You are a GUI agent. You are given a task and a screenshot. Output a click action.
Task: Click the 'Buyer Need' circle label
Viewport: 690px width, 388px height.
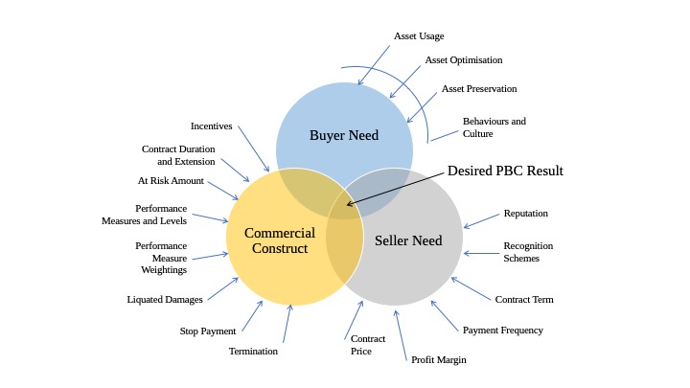pyautogui.click(x=344, y=135)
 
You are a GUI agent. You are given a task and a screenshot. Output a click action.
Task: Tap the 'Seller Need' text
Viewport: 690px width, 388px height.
pyautogui.click(x=408, y=240)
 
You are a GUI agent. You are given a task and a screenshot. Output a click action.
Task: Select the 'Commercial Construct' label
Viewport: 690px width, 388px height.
pyautogui.click(x=280, y=240)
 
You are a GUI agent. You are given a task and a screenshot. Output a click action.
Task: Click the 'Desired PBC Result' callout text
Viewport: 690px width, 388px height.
pyautogui.click(x=505, y=171)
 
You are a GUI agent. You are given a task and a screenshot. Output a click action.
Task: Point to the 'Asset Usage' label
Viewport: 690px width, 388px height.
pyautogui.click(x=419, y=36)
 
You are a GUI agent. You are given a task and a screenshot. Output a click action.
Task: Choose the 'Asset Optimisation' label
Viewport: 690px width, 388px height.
pyautogui.click(x=464, y=59)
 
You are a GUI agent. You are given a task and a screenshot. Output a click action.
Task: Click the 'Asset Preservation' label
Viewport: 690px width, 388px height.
pyautogui.click(x=479, y=88)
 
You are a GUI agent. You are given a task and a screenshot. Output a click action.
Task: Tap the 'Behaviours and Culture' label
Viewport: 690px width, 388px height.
pyautogui.click(x=494, y=127)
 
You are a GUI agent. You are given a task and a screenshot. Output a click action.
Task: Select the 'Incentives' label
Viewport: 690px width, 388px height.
pyautogui.click(x=211, y=126)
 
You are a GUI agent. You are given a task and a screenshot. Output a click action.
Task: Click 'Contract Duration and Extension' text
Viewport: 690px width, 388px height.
pyautogui.click(x=178, y=155)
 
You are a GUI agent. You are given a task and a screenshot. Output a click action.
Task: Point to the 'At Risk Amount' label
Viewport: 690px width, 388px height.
pyautogui.click(x=171, y=180)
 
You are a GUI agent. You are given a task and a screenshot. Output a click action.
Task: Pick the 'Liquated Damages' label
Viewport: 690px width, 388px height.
pyautogui.click(x=165, y=299)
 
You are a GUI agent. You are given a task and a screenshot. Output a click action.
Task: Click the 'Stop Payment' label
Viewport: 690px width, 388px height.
pyautogui.click(x=208, y=331)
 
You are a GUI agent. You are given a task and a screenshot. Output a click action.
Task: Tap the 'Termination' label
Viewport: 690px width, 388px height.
pyautogui.click(x=253, y=351)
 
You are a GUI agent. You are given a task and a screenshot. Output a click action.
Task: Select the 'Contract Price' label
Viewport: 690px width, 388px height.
pyautogui.click(x=368, y=345)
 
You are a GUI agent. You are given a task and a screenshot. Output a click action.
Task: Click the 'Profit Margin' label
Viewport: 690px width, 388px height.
pyautogui.click(x=438, y=359)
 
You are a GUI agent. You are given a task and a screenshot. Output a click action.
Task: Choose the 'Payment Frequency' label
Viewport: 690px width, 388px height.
pyautogui.click(x=503, y=330)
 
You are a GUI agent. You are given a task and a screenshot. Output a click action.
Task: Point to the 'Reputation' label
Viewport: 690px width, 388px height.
pyautogui.click(x=526, y=213)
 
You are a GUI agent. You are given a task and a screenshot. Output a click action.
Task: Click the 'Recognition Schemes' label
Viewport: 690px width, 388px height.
pyautogui.click(x=528, y=252)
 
